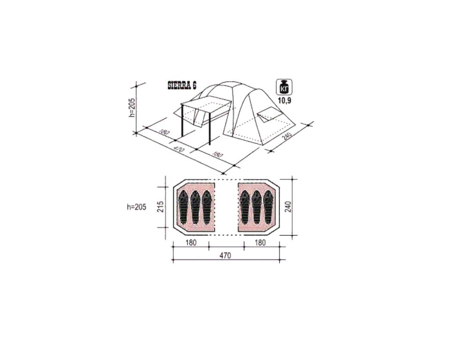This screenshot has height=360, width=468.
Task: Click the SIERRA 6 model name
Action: click(x=182, y=85)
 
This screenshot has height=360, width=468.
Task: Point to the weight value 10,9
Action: click(x=285, y=100)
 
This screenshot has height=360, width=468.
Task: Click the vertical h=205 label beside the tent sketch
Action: click(x=132, y=107)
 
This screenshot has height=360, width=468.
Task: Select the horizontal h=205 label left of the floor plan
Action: click(x=137, y=207)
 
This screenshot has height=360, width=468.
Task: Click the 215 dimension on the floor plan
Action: click(x=160, y=207)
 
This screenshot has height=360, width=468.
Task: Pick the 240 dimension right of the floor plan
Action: click(x=288, y=207)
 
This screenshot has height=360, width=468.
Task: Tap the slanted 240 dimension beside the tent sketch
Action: click(x=287, y=136)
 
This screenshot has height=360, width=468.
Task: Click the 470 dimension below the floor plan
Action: click(x=226, y=255)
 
